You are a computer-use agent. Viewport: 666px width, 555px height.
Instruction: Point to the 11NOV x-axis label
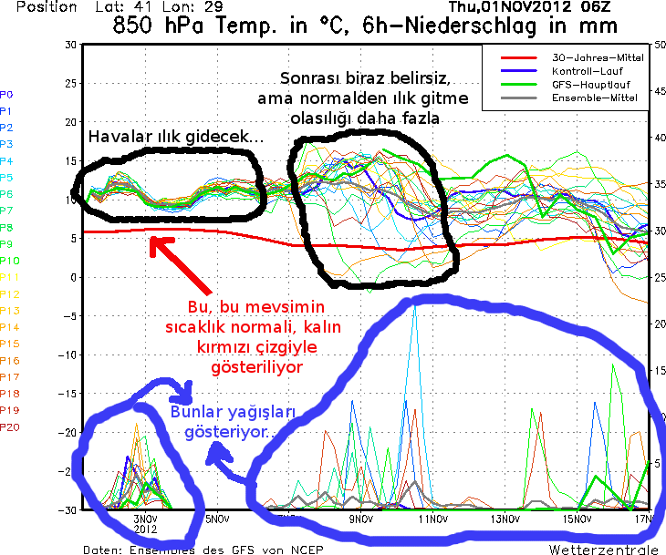(432, 519)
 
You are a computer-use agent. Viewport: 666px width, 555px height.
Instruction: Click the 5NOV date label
(215, 519)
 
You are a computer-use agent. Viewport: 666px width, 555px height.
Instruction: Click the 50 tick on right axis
(660, 45)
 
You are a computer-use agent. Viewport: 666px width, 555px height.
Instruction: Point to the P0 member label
(7, 94)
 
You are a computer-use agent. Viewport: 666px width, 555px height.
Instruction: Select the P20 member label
(9, 427)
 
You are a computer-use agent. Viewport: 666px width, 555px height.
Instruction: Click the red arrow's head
(154, 242)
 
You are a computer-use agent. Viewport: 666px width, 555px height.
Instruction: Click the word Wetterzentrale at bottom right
(603, 550)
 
